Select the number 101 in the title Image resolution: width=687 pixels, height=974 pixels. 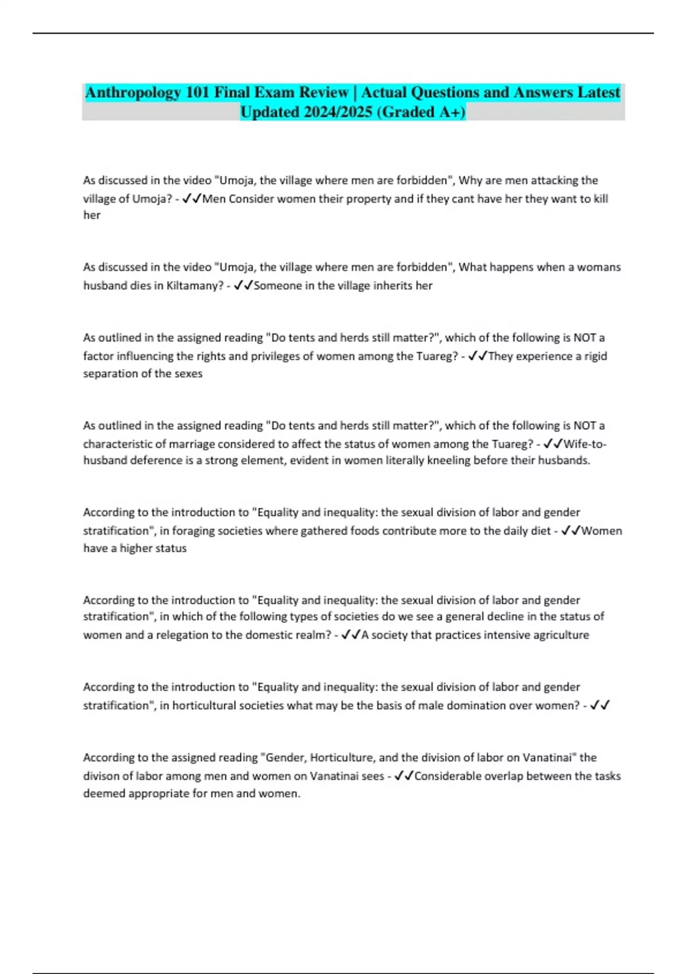(x=198, y=93)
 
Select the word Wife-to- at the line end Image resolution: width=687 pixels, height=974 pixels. (x=585, y=444)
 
